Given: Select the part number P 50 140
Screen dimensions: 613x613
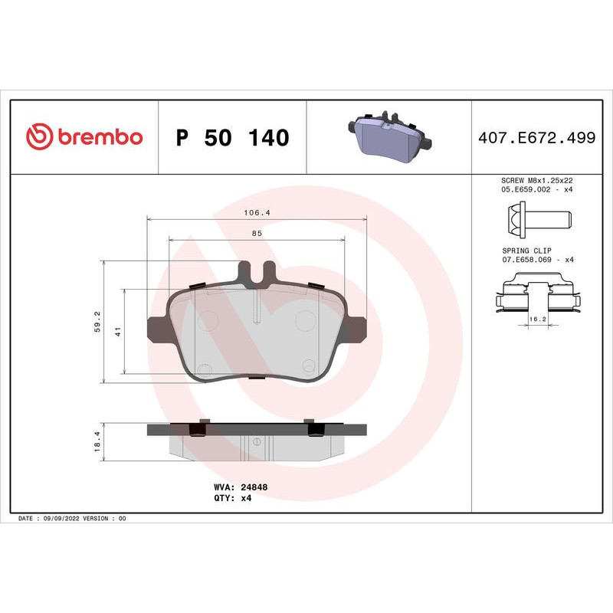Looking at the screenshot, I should coord(232,138).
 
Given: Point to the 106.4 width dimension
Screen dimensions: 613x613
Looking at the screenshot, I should coord(257,212).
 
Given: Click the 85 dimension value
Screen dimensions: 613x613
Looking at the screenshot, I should coord(257,233).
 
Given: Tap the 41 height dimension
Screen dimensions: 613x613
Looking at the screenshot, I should coord(117,331).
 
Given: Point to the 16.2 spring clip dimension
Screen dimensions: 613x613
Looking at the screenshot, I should coord(537,317).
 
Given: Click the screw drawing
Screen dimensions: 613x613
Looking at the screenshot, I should coord(541,220).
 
